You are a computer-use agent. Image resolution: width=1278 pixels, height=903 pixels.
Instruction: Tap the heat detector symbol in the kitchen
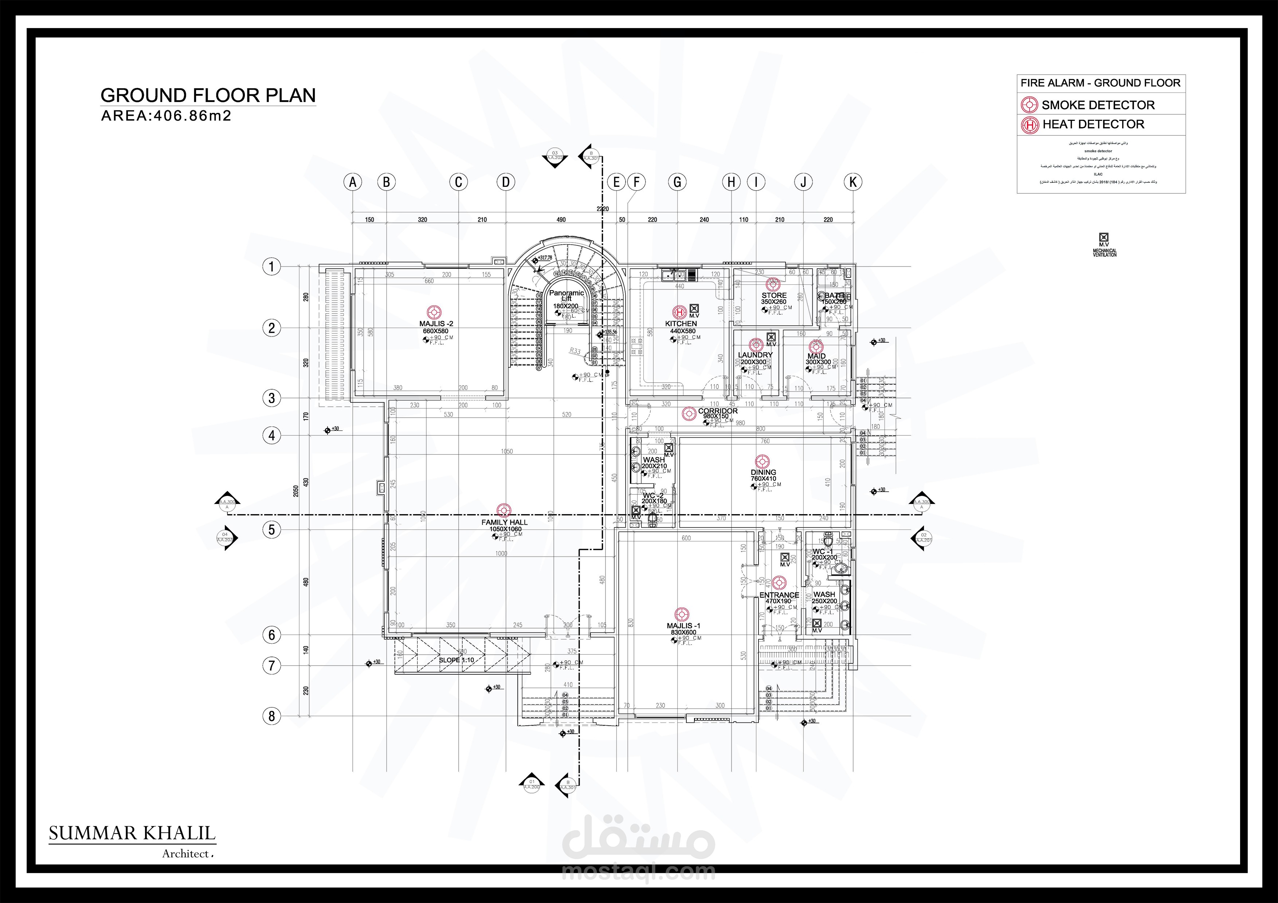(x=679, y=312)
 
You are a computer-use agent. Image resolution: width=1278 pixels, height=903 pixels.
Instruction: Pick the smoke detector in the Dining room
(x=762, y=461)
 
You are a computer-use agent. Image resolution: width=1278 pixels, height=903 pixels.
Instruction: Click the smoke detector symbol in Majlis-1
(x=682, y=614)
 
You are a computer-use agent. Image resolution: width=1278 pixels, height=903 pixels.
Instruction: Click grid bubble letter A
(x=353, y=182)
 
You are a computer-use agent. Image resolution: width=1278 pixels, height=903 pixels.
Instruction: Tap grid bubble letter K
(x=853, y=182)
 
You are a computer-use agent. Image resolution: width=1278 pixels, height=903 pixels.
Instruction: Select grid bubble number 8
(x=272, y=716)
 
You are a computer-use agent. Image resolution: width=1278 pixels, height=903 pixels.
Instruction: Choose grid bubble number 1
(x=272, y=267)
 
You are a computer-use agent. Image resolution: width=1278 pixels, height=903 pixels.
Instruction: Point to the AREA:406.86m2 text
(x=166, y=116)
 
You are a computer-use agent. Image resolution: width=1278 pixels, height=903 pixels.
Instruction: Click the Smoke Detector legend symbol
(x=1030, y=105)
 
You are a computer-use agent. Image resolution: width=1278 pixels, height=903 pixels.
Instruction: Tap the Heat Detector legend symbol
(x=1030, y=125)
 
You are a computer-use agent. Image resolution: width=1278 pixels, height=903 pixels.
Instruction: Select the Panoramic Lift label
(x=567, y=295)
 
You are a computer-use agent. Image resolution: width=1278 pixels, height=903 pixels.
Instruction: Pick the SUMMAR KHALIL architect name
(x=132, y=833)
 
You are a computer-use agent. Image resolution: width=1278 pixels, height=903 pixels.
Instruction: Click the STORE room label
(x=774, y=295)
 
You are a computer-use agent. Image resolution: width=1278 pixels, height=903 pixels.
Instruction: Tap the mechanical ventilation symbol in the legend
(x=1104, y=237)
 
